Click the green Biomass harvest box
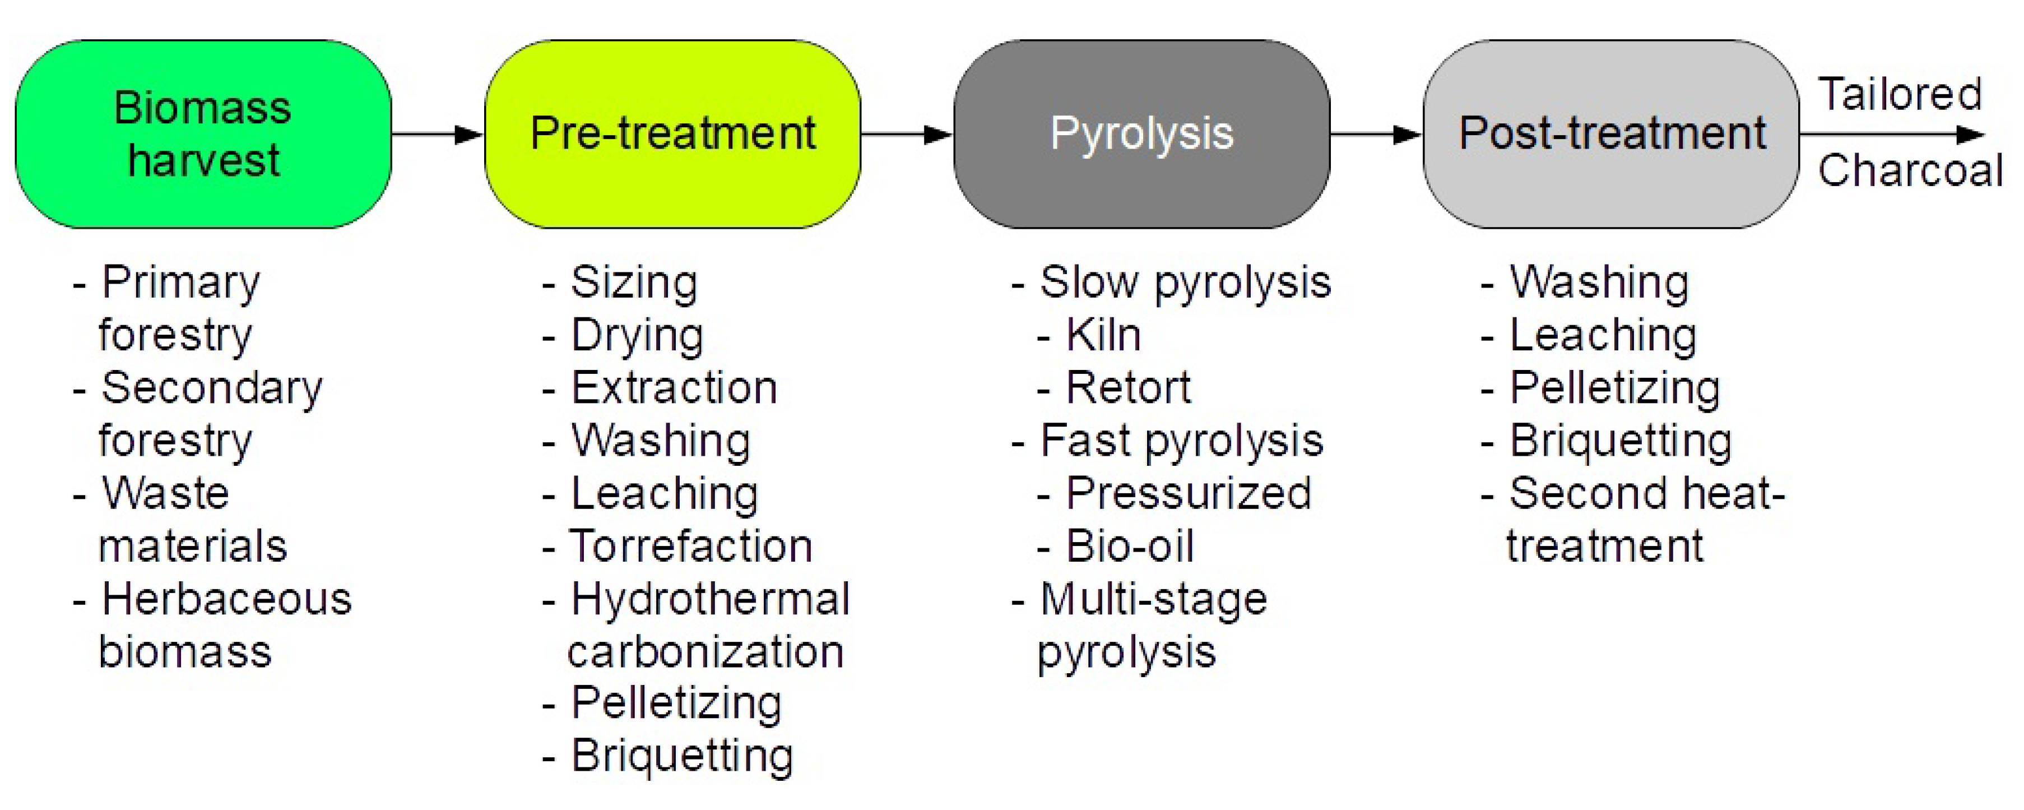pos(203,135)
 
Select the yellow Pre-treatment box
pos(672,135)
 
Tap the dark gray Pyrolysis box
pos(1141,135)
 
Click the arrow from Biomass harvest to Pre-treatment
pos(438,135)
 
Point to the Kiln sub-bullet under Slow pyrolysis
pos(1089,335)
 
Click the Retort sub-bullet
pos(1114,387)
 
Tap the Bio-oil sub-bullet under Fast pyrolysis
pos(1116,545)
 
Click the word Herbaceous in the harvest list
pos(227,599)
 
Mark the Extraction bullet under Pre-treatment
pos(659,387)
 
